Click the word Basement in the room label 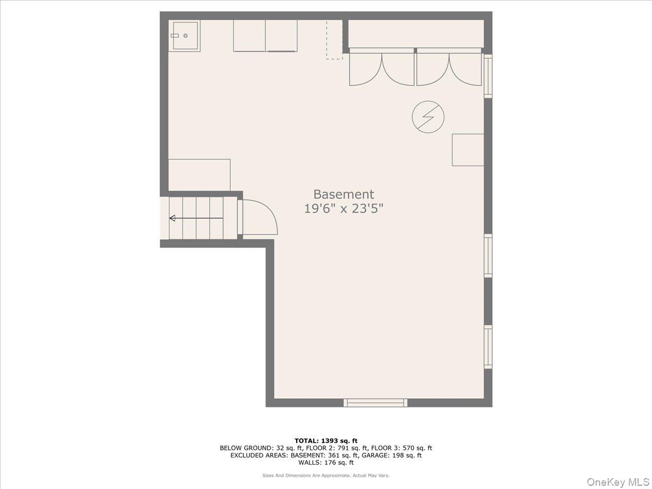pos(343,194)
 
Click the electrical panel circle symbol pos(428,117)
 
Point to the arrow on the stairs pos(196,218)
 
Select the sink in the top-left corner pos(184,36)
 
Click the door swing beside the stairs pos(259,218)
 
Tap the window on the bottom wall pos(375,403)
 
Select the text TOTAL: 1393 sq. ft pos(326,441)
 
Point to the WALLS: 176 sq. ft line pos(326,463)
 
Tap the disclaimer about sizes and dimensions pos(326,475)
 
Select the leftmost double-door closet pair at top pos(381,67)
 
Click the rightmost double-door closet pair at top pos(449,67)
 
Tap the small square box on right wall pos(468,149)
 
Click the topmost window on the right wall pos(488,76)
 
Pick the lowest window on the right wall pos(488,347)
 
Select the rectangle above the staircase pos(199,174)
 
